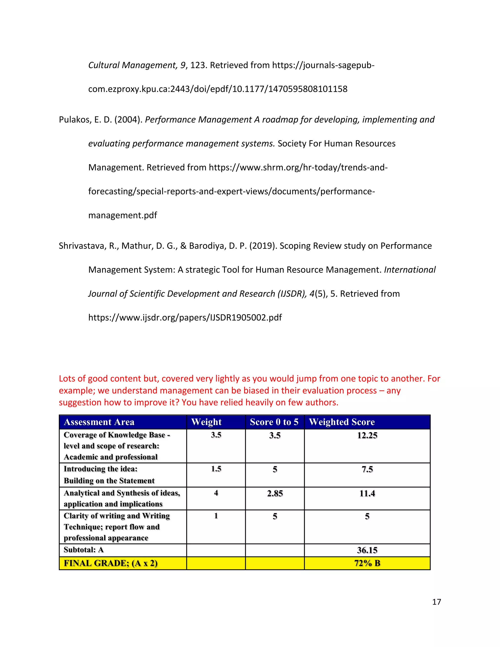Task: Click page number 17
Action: click(x=436, y=602)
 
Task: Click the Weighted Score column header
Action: click(x=342, y=422)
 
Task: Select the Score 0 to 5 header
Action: click(x=274, y=422)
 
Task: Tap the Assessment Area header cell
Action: click(x=99, y=422)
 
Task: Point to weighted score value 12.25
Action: click(x=367, y=435)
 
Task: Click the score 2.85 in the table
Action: click(x=275, y=493)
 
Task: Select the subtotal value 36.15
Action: click(x=367, y=550)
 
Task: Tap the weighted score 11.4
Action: click(x=367, y=493)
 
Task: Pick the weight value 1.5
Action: click(x=216, y=469)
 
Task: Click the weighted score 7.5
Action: click(x=367, y=469)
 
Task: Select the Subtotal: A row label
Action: click(x=83, y=550)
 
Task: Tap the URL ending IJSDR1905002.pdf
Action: click(x=185, y=318)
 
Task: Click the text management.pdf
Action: click(x=123, y=215)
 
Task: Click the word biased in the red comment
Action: click(x=256, y=390)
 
